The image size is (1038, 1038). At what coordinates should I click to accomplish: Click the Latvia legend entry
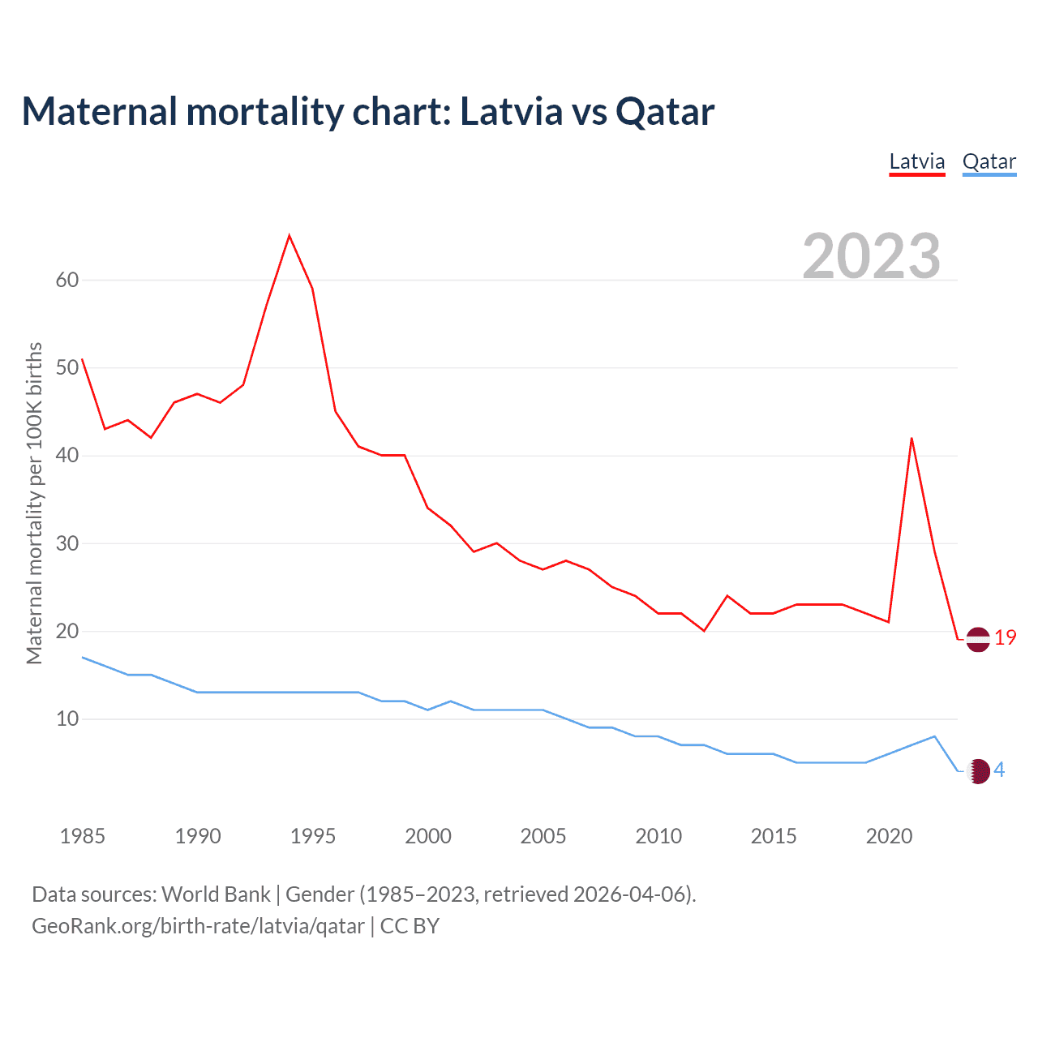coord(917,161)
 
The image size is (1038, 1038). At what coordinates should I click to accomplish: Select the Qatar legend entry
coord(989,161)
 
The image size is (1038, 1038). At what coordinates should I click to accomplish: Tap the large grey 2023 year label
coord(871,255)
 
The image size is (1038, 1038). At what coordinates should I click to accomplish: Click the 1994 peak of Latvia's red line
coord(290,236)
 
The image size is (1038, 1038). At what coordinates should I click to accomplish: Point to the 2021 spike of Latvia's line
coord(911,439)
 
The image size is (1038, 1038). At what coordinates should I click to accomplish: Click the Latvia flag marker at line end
coord(978,639)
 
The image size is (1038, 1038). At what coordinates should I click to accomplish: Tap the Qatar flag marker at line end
coord(979,771)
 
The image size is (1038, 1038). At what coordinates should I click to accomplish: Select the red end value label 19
coord(1005,638)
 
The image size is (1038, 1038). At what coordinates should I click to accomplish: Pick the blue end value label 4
coord(999,770)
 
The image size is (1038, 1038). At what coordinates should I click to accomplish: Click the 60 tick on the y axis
coord(67,281)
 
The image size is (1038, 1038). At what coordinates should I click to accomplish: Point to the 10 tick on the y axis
coord(67,719)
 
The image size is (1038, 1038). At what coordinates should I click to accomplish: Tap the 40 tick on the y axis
coord(67,456)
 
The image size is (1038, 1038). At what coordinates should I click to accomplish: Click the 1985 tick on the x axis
coord(83,836)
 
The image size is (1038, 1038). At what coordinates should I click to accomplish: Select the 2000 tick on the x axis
coord(428,836)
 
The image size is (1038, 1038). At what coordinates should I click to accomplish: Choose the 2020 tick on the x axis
coord(889,836)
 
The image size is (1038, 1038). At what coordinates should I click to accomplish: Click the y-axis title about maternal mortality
coord(34,503)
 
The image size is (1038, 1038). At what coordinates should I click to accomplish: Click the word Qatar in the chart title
coord(665,111)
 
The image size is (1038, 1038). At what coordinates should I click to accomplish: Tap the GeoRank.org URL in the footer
coord(198,926)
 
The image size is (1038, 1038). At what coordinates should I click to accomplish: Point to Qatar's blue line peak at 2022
coord(935,736)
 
